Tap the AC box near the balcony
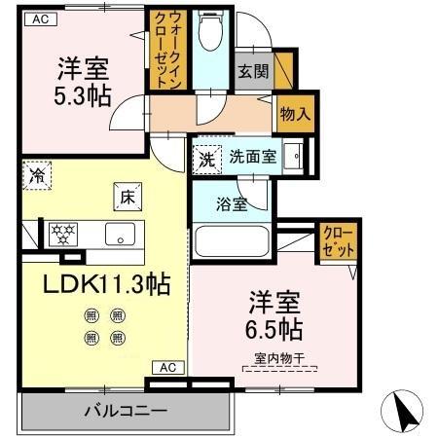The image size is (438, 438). coord(166,367)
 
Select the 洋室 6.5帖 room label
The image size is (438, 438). coord(273,311)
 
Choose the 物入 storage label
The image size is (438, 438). coord(294,112)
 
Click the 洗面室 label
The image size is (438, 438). coord(252,157)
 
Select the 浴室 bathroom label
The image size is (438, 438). coord(232,203)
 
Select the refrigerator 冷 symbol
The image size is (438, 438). coord(37,176)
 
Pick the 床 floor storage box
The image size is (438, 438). coord(127,197)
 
